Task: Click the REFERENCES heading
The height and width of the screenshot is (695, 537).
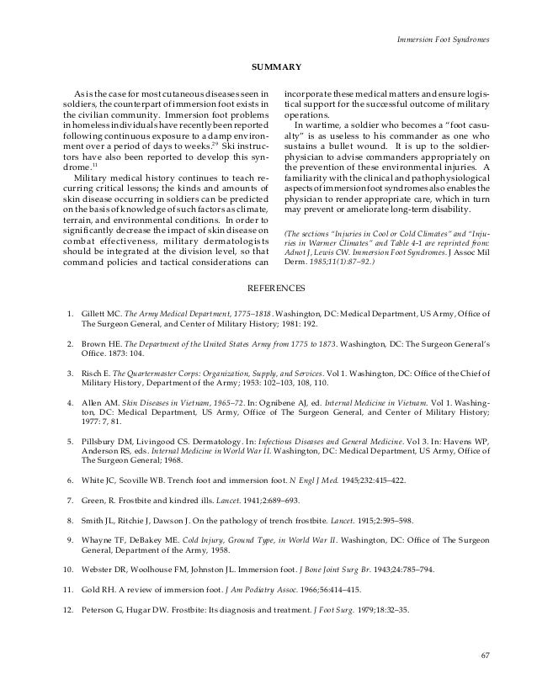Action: [x=268, y=289]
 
